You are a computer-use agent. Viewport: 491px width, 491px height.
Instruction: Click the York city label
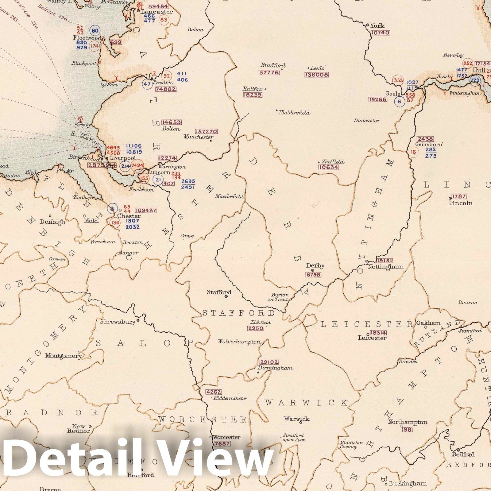click(377, 26)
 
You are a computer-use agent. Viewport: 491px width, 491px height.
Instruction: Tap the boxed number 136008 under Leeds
click(316, 75)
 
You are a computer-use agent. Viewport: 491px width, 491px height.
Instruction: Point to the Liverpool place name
click(123, 158)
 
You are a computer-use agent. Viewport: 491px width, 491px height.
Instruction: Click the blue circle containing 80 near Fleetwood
click(95, 30)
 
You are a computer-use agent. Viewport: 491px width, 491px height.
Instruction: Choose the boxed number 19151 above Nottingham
click(384, 260)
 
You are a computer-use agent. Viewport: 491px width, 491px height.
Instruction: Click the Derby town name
click(315, 266)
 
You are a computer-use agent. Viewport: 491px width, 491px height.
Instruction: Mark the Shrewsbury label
click(118, 322)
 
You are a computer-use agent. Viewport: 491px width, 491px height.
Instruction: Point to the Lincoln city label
click(461, 203)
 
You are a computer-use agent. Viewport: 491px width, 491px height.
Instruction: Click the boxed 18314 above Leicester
click(378, 333)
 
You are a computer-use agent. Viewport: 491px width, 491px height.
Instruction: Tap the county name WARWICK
click(306, 402)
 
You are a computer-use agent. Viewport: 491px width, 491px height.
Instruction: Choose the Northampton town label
click(408, 422)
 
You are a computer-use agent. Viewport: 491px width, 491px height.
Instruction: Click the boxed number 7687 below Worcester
click(222, 444)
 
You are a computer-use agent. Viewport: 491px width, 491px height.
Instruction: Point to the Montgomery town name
click(63, 356)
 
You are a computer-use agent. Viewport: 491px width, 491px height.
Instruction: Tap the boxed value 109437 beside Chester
click(146, 211)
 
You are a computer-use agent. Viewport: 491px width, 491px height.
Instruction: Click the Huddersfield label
click(294, 113)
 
